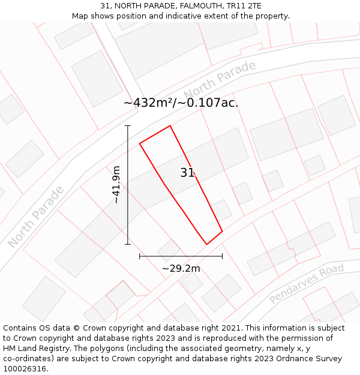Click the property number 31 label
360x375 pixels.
(187, 173)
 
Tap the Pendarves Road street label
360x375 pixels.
(306, 283)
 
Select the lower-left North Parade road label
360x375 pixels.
(36, 217)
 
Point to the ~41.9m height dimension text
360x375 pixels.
(116, 185)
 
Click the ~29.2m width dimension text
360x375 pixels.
(181, 268)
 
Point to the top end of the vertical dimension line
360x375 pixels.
(128, 126)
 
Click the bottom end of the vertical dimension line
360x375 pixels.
(128, 244)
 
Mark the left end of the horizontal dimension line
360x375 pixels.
(140, 256)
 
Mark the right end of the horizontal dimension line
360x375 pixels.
(222, 256)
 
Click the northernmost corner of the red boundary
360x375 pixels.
(170, 126)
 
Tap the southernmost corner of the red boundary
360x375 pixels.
(207, 244)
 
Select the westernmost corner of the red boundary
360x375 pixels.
(140, 143)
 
